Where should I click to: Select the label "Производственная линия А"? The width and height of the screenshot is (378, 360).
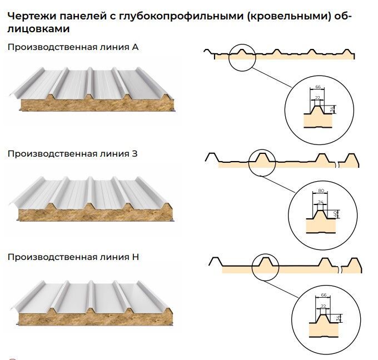point(73,47)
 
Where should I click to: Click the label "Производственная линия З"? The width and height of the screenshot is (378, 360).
point(73,154)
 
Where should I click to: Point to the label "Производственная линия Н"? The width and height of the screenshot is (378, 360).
point(73,257)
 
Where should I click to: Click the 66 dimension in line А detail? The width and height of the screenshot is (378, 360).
point(318,87)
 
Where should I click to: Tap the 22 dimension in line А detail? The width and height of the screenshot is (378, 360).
point(317,98)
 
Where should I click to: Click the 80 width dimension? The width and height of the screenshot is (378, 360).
point(321,191)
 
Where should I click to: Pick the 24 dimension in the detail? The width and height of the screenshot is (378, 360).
point(320,202)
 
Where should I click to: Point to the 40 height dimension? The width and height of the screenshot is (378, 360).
point(335,213)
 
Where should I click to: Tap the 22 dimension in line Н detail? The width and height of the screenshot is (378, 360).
point(324,306)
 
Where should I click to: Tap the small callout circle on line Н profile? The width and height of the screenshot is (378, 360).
point(265,266)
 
